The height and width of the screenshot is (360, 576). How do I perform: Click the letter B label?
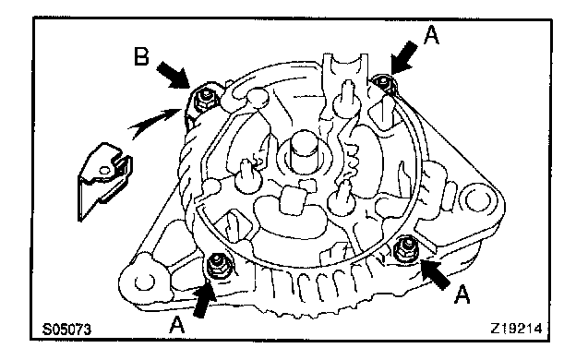coord(141,56)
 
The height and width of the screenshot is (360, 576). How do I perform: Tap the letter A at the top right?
coord(431,35)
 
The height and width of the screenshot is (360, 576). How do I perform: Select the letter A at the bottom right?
coord(462,294)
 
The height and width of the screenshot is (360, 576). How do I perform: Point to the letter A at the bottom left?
coord(176,325)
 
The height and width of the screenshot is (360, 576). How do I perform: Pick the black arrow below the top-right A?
coord(403,57)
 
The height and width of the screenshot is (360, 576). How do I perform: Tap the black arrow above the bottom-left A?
coord(203,301)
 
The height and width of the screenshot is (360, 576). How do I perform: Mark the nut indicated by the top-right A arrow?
coord(384,81)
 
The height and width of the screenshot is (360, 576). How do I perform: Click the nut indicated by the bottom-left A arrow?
coord(217,266)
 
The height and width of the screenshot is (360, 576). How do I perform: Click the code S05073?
coord(66,330)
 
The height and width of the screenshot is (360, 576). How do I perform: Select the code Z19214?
coord(516,329)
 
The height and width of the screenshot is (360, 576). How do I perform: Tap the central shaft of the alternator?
coord(304,151)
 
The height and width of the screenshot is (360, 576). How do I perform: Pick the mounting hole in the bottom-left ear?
coord(145,282)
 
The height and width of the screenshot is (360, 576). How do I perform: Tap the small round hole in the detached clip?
coord(104,171)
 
